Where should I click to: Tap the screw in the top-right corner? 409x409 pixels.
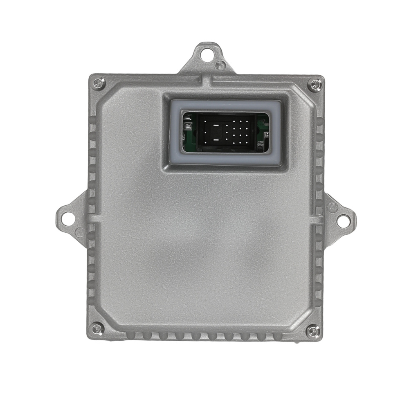tap(314, 85)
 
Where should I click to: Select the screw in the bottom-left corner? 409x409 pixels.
tap(97, 327)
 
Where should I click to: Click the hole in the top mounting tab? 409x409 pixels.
tap(208, 53)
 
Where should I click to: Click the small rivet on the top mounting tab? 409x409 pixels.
tap(220, 64)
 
